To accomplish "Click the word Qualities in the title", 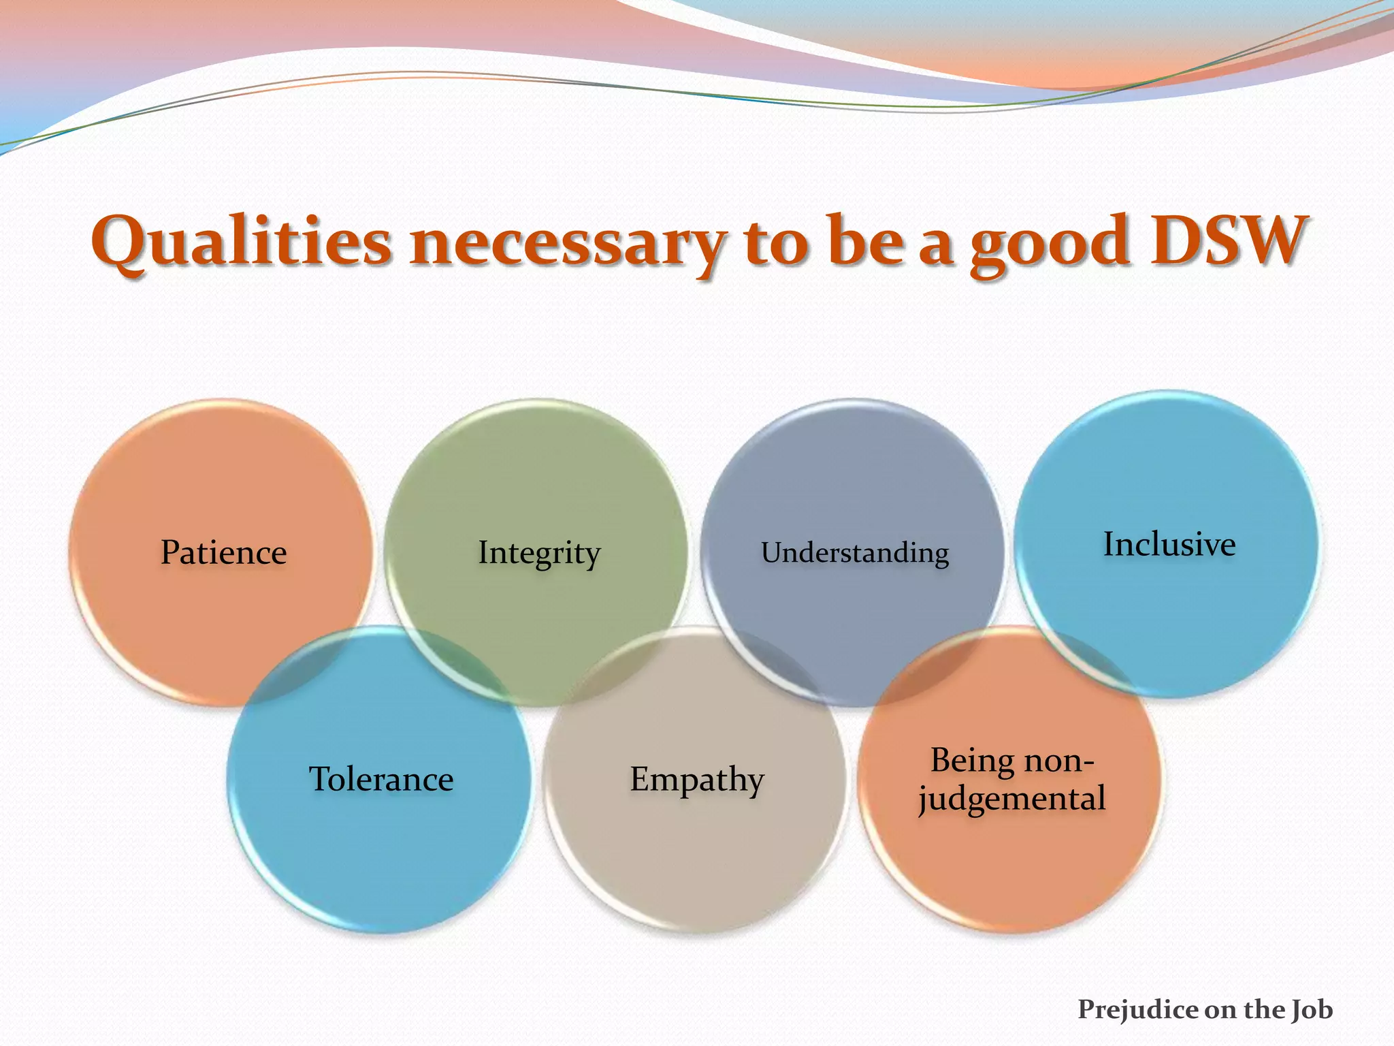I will coord(241,242).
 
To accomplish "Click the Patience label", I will coord(223,552).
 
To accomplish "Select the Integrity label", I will coord(538,553).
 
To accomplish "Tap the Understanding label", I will coord(855,553).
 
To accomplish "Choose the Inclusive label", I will coord(1169,544).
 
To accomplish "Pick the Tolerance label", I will coord(381,779).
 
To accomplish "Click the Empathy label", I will coord(697,779).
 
